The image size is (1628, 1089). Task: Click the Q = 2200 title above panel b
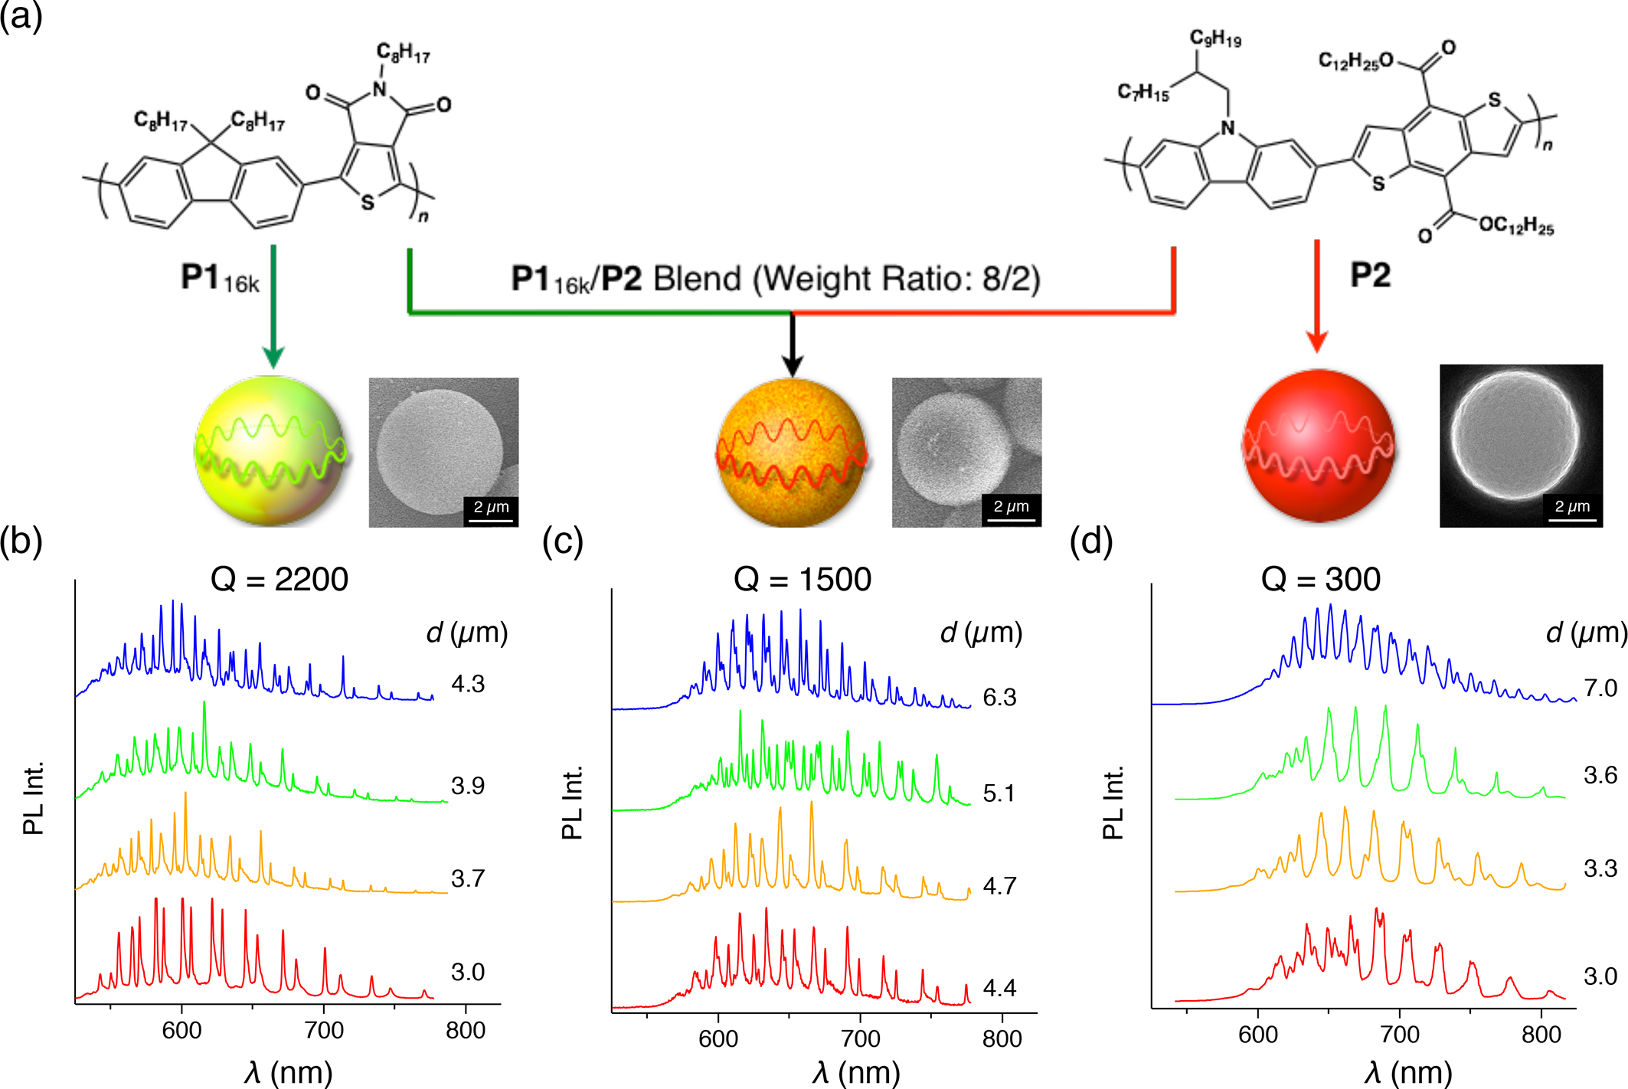point(279,579)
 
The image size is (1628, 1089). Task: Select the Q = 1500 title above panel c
point(802,579)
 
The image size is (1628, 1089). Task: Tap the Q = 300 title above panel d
point(1320,579)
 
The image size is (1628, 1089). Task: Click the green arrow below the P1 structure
point(273,306)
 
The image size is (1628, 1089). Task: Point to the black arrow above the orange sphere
point(792,345)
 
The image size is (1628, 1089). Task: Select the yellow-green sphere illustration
point(270,450)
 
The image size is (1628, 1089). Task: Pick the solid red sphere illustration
point(1318,446)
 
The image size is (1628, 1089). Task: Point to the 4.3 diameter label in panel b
point(467,683)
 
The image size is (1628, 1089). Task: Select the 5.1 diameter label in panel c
point(999,793)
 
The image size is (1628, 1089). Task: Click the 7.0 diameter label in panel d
point(1600,688)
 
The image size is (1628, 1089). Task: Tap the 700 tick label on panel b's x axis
point(324,1030)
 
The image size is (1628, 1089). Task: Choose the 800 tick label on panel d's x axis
point(1541,1035)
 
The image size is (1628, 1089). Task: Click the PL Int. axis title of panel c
point(573,802)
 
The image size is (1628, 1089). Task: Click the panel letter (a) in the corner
point(21,17)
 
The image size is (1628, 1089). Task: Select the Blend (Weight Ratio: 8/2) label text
point(846,279)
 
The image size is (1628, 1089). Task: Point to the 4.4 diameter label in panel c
point(999,988)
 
